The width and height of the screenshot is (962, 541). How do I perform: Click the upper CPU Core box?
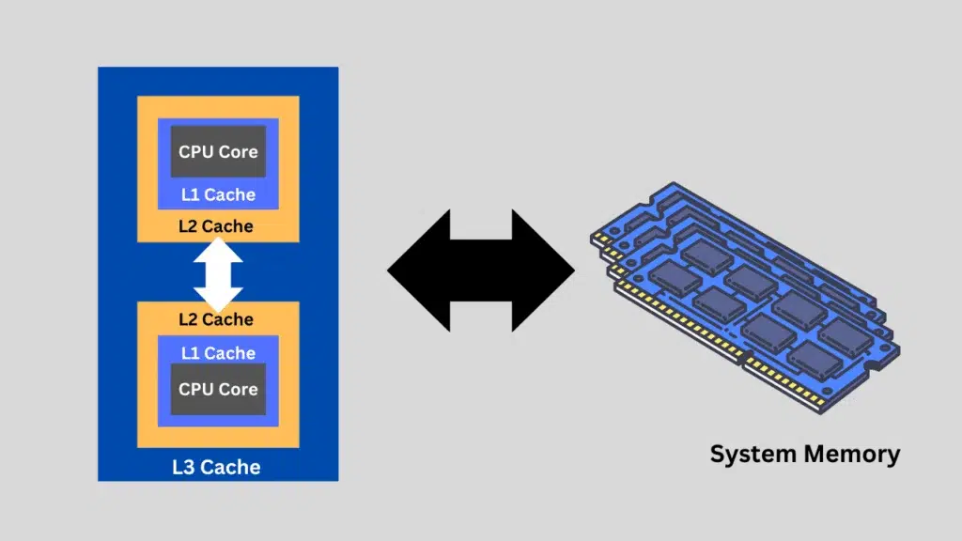click(x=218, y=152)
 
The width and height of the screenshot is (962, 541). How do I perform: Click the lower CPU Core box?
click(x=218, y=389)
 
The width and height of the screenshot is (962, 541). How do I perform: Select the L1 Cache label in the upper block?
click(x=218, y=195)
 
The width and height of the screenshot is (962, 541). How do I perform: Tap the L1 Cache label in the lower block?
click(x=218, y=353)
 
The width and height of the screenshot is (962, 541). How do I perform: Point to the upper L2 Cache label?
click(x=216, y=226)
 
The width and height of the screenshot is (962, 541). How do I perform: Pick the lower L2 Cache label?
click(x=216, y=319)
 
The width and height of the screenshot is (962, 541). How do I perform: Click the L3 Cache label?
click(x=216, y=467)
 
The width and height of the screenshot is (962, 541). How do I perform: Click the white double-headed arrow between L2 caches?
click(x=218, y=272)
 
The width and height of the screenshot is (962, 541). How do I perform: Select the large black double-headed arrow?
click(x=481, y=270)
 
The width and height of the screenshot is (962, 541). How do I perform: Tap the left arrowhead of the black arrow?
click(x=413, y=270)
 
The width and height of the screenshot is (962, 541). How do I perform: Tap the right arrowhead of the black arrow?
click(x=550, y=270)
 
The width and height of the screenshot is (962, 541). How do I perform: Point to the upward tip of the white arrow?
click(x=218, y=240)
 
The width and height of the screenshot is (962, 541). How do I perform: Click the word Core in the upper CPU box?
click(x=238, y=152)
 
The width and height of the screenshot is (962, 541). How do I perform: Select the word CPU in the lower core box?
click(x=195, y=389)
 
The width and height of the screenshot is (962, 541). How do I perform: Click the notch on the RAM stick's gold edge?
click(x=747, y=359)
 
